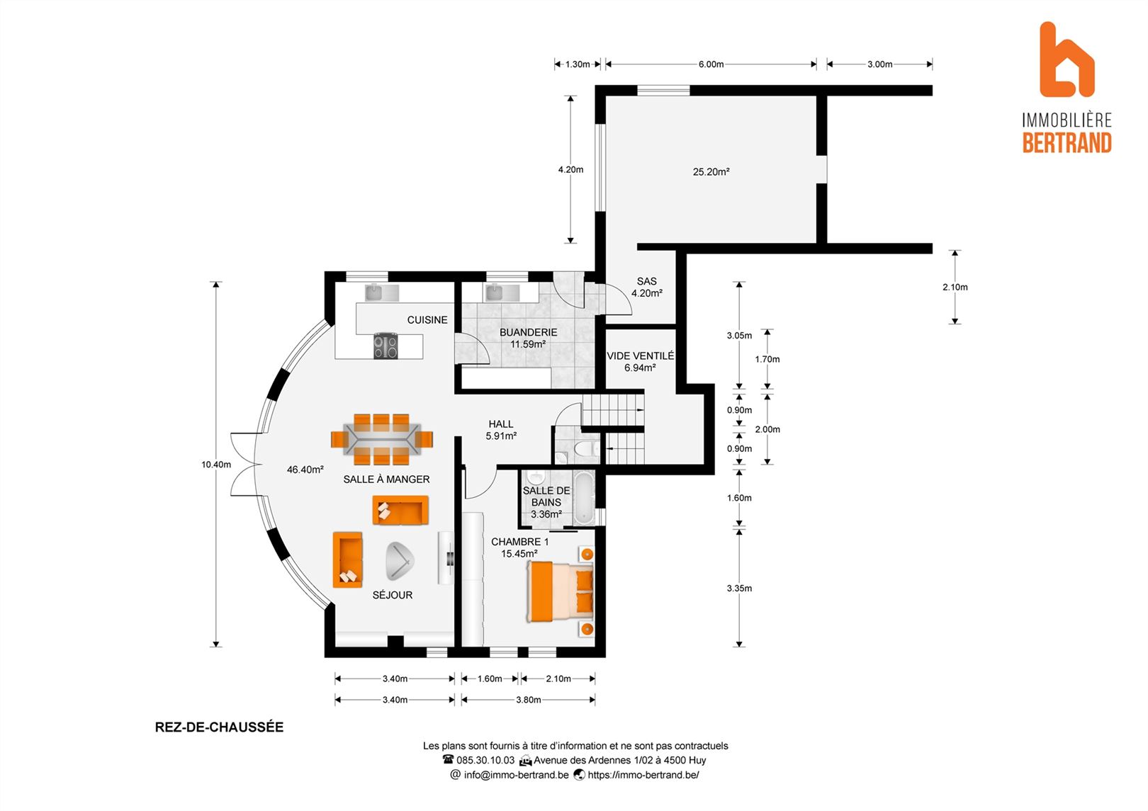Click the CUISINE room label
tap(427, 319)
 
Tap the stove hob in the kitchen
tap(386, 346)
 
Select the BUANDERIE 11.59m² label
tap(528, 338)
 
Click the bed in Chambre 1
tap(560, 591)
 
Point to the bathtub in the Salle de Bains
tap(584, 497)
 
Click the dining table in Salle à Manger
tap(382, 439)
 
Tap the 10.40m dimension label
tap(215, 465)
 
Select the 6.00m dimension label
tap(711, 64)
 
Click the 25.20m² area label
tap(711, 171)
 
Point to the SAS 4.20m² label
tap(646, 288)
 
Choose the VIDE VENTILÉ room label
tap(640, 356)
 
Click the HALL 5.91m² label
tap(501, 430)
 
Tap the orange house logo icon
tap(1067, 60)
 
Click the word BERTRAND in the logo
tap(1067, 143)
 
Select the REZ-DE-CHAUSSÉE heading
tap(219, 727)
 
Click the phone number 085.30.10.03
tap(485, 760)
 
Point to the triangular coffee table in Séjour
tap(399, 561)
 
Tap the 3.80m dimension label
tap(529, 700)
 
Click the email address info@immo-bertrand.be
tap(516, 775)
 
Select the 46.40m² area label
tap(305, 470)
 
